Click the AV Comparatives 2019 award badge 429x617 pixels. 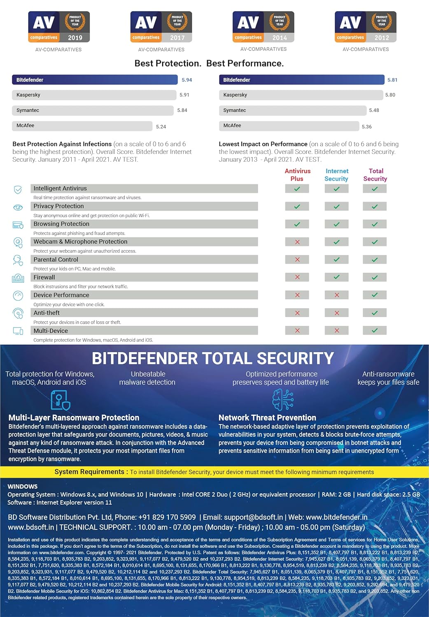tap(59, 27)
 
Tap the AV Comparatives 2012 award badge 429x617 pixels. tap(366, 27)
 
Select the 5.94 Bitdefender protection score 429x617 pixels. tap(187, 80)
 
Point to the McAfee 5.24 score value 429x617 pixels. tap(161, 127)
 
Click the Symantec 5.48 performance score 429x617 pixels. tap(374, 110)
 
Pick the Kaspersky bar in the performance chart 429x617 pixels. tap(301, 95)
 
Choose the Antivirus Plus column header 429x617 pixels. tap(297, 175)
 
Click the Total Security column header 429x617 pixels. tap(375, 175)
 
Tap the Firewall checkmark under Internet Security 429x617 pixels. tap(336, 277)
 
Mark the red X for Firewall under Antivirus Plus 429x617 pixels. tap(297, 277)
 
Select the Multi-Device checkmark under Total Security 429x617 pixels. tap(375, 330)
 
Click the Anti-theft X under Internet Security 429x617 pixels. tap(336, 313)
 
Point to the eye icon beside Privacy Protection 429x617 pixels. tap(18, 207)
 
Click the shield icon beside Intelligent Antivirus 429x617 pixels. tap(18, 190)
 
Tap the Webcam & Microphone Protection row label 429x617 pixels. tap(80, 242)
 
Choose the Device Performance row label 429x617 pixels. tap(61, 295)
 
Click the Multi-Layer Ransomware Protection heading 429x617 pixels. tap(74, 418)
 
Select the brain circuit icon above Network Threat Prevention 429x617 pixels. tap(283, 399)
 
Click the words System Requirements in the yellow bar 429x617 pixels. tap(89, 472)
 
